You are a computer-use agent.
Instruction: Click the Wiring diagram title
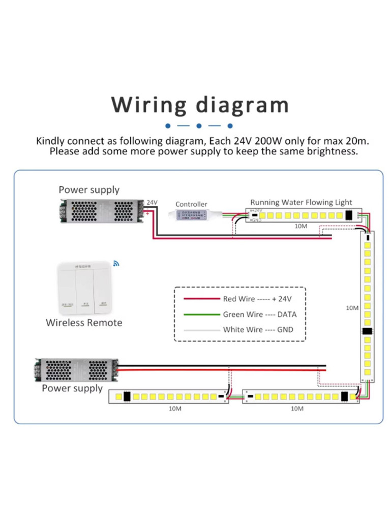[x=200, y=105]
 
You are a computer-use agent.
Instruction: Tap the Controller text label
[x=191, y=204]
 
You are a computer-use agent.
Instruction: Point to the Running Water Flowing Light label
[x=301, y=202]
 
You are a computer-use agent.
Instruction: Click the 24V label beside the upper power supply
[x=152, y=202]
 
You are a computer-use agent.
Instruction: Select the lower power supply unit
[x=77, y=370]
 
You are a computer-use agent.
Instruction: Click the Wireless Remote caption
[x=84, y=323]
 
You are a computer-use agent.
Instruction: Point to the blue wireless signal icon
[x=115, y=263]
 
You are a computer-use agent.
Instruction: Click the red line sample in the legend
[x=201, y=299]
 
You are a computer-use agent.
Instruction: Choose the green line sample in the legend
[x=201, y=314]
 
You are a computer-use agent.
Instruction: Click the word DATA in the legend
[x=286, y=314]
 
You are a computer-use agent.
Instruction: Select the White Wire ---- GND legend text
[x=258, y=330]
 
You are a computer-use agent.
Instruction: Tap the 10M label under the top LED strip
[x=300, y=227]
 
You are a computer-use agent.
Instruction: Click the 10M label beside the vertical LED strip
[x=352, y=308]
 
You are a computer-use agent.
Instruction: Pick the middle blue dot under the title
[x=199, y=125]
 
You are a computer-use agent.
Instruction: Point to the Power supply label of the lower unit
[x=72, y=389]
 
